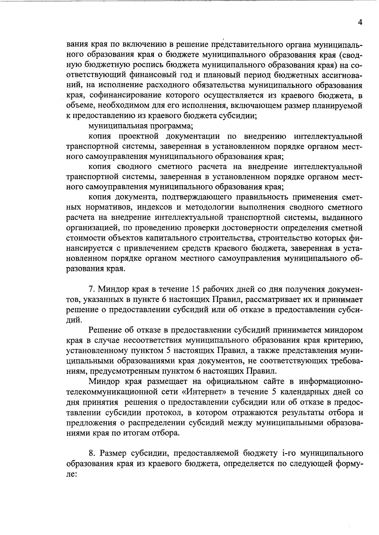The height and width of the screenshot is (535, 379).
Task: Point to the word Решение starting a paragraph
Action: point(106,330)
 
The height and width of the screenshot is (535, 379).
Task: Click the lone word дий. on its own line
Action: point(73,320)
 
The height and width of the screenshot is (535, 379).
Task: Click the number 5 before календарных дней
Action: point(274,392)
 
